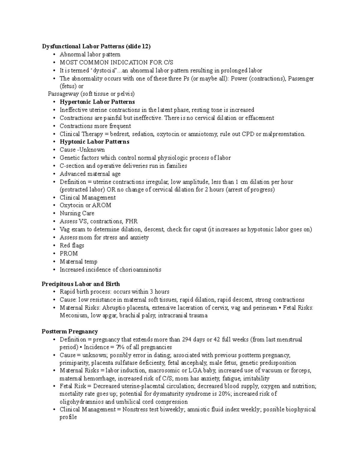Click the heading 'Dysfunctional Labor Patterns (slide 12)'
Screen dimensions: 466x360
pos(96,46)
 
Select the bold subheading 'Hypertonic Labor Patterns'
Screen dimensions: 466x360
pos(97,102)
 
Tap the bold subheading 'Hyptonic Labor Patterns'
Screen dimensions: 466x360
pos(94,142)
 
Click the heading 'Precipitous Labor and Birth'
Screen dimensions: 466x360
pos(81,284)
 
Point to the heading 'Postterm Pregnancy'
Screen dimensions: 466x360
pos(70,331)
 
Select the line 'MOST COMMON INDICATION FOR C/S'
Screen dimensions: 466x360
pos(116,62)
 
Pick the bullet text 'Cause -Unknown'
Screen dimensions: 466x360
pos(82,150)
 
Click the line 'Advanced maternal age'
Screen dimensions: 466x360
pos(90,174)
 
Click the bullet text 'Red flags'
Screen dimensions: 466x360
pos(72,245)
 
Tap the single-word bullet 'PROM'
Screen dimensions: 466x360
pos(69,254)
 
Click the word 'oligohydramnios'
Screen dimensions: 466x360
pos(82,402)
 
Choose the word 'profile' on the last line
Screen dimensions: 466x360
pos(68,417)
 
